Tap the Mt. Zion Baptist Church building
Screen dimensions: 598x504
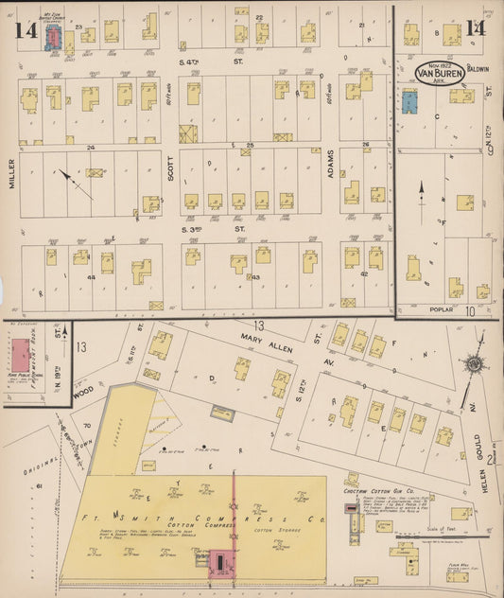point(55,36)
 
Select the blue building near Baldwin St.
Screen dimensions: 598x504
point(409,101)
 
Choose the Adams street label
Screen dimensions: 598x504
point(332,170)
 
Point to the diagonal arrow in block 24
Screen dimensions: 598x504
point(73,182)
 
